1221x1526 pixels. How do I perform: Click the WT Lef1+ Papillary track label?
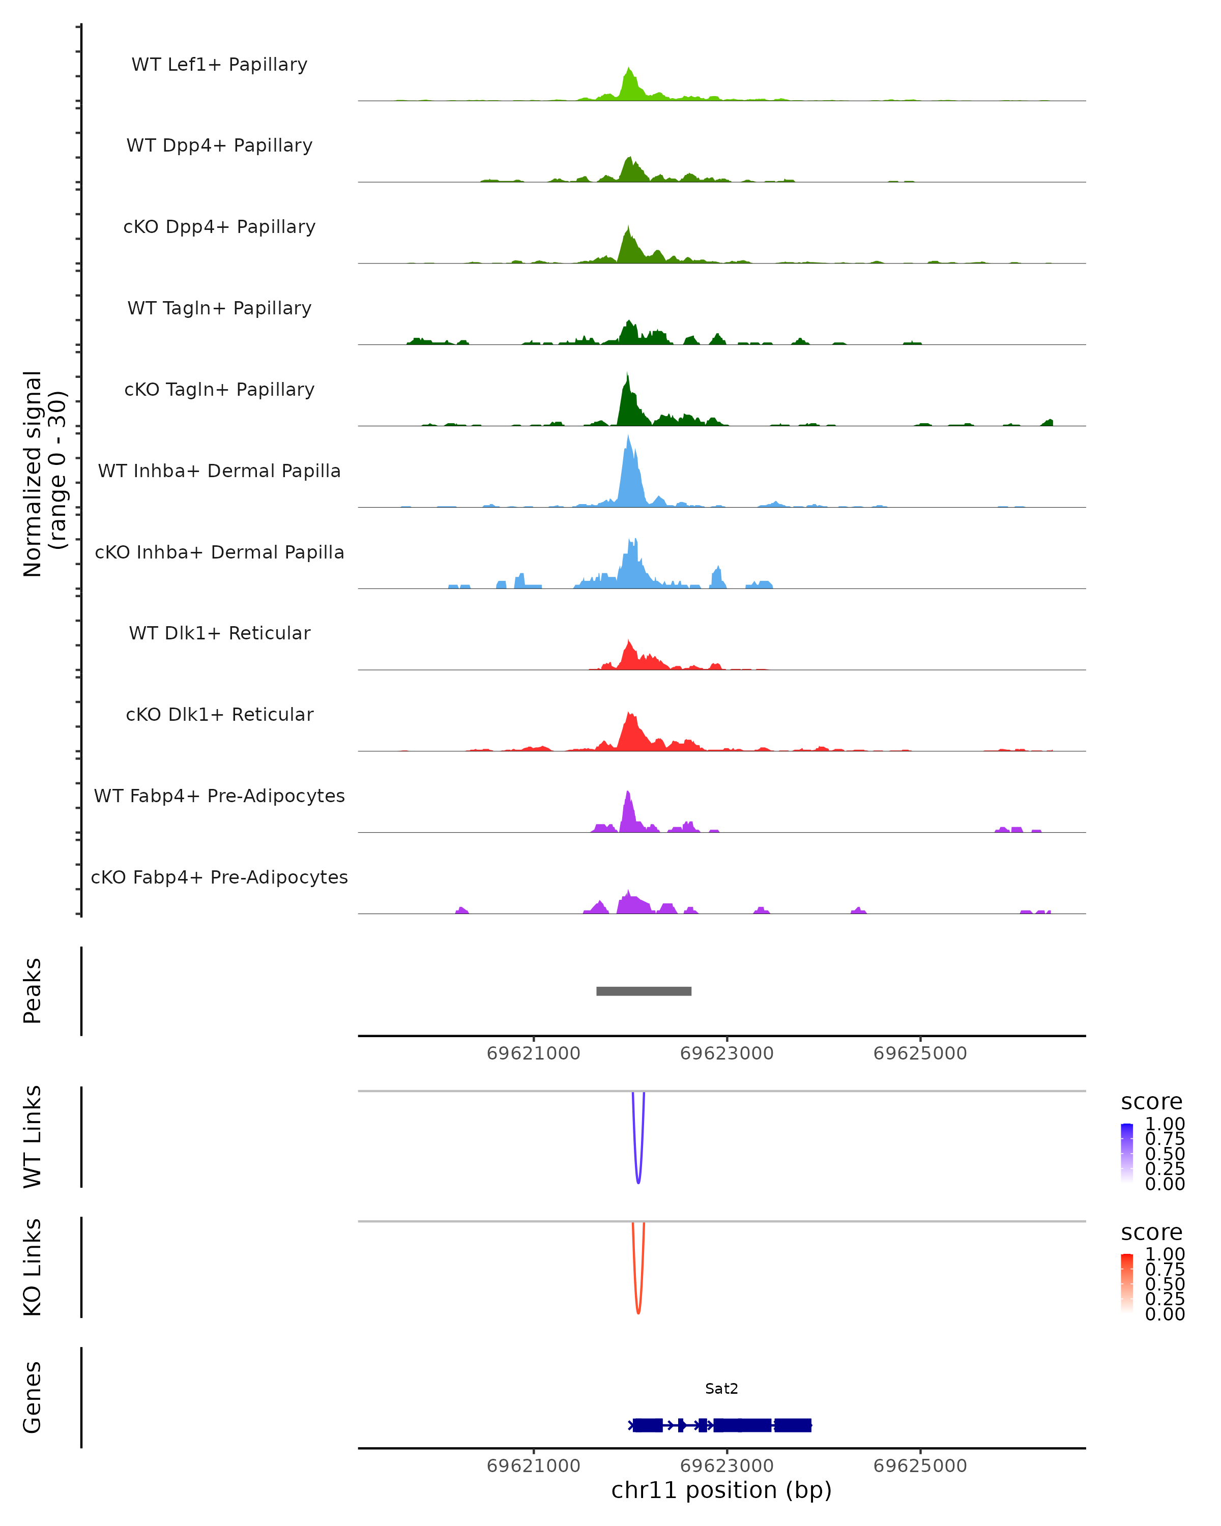[x=219, y=65]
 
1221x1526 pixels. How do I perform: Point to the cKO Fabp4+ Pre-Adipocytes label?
[x=219, y=877]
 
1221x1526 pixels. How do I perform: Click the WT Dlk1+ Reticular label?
[x=219, y=633]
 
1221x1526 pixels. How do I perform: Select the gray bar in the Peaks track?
[x=644, y=991]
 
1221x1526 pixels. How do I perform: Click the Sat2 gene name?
[x=721, y=1389]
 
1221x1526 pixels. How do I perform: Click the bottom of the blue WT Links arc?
[x=638, y=1182]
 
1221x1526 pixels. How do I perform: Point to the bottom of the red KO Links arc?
[x=638, y=1312]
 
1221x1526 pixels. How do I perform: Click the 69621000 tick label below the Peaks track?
[x=533, y=1053]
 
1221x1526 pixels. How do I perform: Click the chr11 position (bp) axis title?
[x=721, y=1490]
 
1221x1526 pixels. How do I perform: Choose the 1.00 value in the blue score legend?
[x=1165, y=1124]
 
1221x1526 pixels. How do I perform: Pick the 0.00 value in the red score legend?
[x=1165, y=1314]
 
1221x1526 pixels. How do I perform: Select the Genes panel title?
[x=33, y=1398]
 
